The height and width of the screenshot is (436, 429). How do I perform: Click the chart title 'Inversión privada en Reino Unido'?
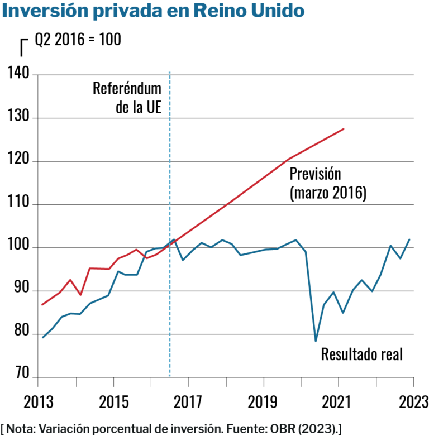tap(154, 11)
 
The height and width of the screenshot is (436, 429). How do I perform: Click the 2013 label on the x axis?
tap(38, 401)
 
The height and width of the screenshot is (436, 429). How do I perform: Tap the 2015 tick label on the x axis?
tap(113, 401)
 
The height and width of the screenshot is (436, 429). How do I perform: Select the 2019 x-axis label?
tap(264, 401)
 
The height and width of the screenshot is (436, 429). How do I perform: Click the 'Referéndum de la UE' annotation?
tap(127, 98)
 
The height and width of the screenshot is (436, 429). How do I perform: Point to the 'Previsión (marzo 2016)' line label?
tap(327, 183)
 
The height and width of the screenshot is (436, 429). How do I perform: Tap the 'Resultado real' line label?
tap(361, 354)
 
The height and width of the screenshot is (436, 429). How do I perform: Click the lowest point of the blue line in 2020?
tap(316, 341)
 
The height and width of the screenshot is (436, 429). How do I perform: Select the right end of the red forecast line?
tap(344, 129)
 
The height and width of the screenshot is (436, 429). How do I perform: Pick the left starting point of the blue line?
tap(42, 337)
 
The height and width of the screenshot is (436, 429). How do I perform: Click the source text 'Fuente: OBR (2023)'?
tap(293, 428)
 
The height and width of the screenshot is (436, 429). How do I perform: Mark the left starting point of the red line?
tap(42, 305)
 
